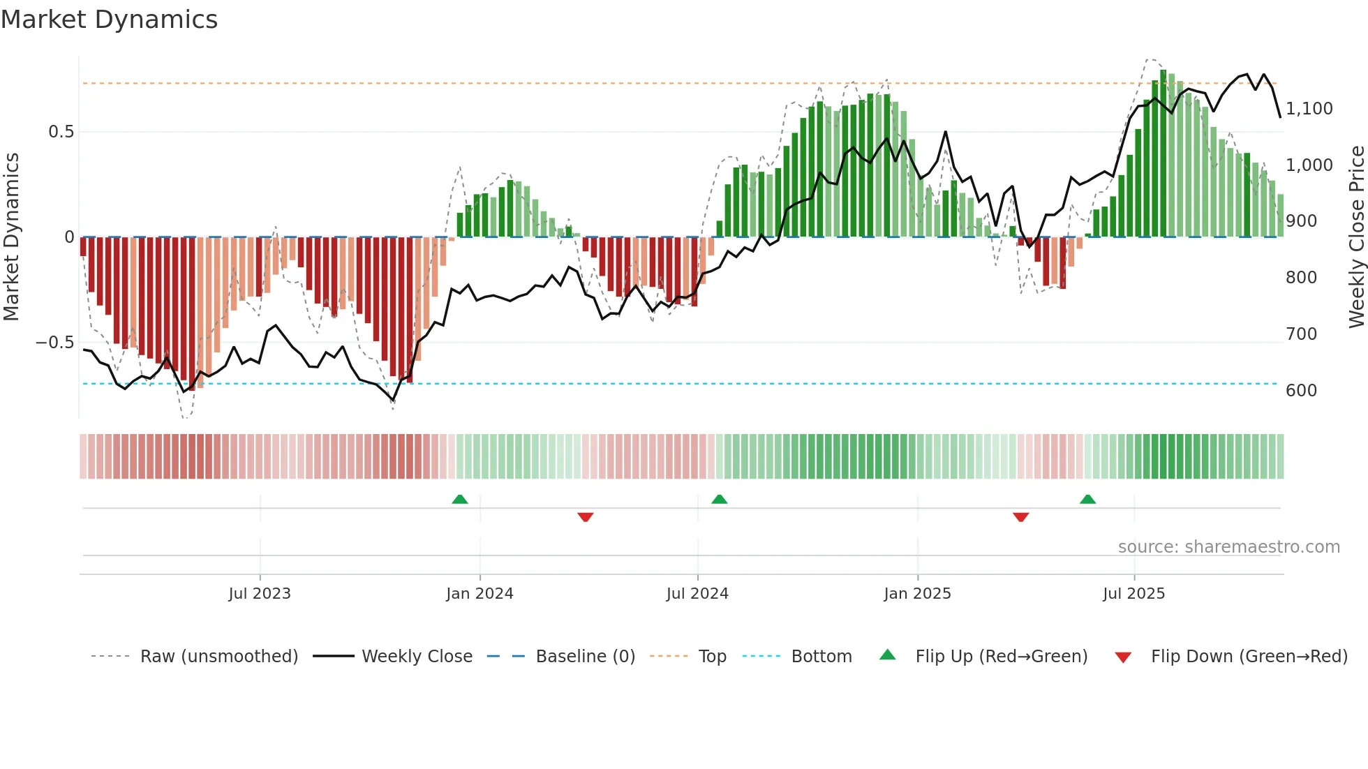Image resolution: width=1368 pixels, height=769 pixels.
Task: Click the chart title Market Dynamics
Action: [110, 20]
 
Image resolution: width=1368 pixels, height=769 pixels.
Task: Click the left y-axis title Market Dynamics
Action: [12, 237]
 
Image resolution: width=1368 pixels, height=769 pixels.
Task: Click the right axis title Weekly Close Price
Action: [1356, 237]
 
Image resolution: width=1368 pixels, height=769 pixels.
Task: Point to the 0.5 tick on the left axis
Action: [61, 132]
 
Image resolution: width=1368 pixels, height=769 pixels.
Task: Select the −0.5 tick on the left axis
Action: [55, 343]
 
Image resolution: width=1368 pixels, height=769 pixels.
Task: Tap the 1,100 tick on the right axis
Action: [1309, 109]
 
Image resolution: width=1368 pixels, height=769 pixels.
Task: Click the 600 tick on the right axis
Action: [1301, 391]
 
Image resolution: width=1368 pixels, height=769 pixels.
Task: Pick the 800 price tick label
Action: [1301, 278]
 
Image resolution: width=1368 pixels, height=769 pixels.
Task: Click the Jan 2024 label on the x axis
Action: [479, 594]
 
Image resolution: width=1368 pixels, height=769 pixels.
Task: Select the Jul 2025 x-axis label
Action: [1133, 594]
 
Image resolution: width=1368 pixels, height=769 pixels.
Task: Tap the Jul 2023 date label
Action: [260, 594]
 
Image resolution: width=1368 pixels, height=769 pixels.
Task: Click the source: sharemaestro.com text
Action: [1228, 547]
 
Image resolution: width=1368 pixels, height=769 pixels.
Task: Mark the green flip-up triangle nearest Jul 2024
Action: [719, 499]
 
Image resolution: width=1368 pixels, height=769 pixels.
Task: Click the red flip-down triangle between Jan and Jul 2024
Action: [586, 517]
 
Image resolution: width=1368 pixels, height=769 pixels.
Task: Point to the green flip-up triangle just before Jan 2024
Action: [459, 499]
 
